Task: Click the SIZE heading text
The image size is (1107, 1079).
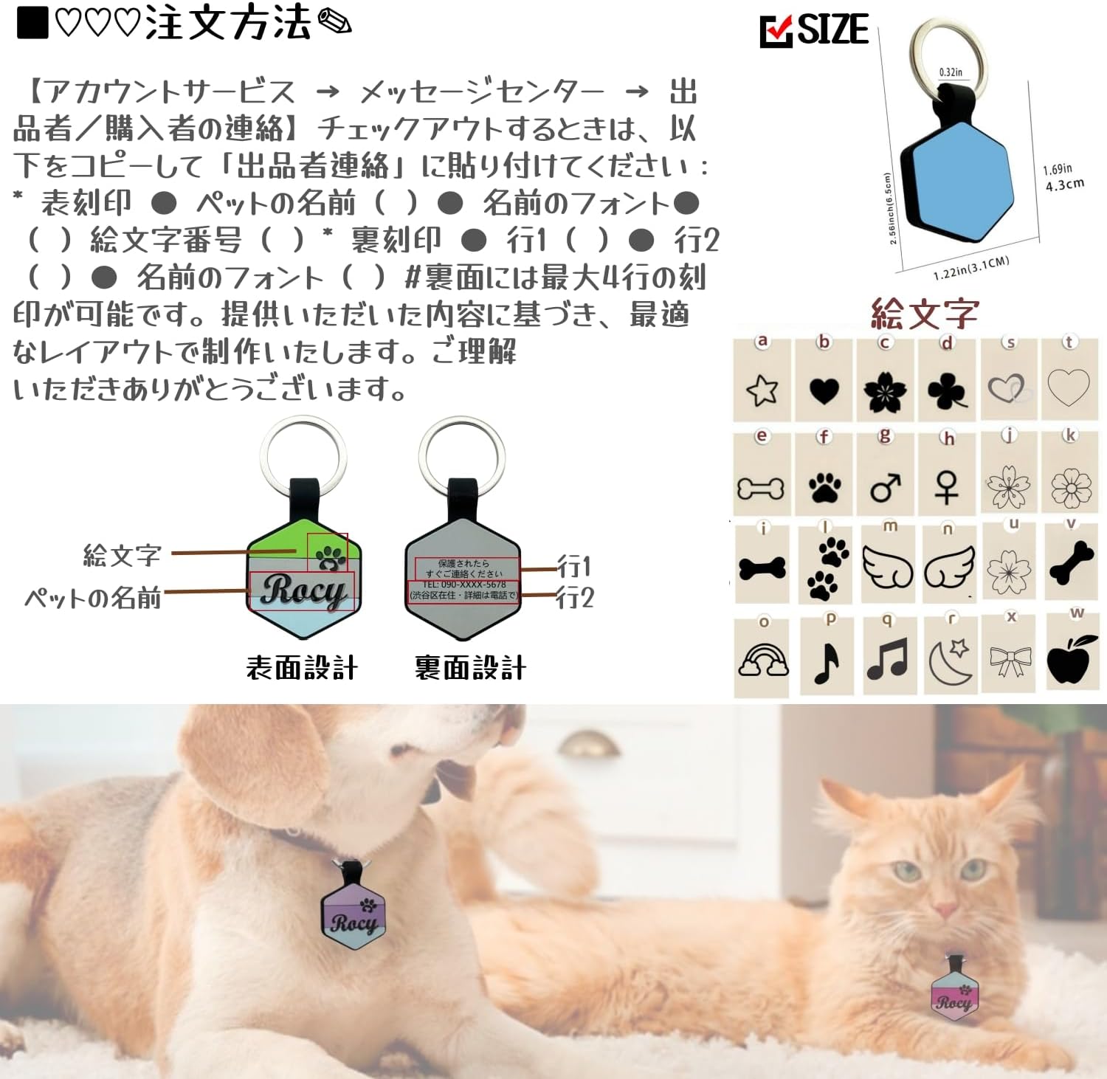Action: [x=832, y=30]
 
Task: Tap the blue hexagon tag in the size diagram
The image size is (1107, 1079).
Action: [x=960, y=180]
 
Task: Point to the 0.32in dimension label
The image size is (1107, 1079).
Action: [x=951, y=72]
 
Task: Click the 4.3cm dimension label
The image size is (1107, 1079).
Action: [x=1064, y=185]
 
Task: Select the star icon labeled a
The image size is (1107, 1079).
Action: [x=762, y=390]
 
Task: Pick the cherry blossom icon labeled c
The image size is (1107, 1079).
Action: [x=885, y=391]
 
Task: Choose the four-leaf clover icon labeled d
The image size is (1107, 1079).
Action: [x=948, y=391]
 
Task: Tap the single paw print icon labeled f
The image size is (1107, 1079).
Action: [x=824, y=488]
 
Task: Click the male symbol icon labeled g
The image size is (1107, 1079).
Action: [x=885, y=488]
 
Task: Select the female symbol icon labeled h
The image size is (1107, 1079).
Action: [x=947, y=488]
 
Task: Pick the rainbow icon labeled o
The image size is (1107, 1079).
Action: [x=763, y=659]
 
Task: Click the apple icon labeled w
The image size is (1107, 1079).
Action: [x=1069, y=658]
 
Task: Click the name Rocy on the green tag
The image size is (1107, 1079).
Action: [x=303, y=590]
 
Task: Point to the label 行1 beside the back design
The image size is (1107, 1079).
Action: [x=574, y=567]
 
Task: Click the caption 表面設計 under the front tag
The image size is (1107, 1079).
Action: [x=302, y=668]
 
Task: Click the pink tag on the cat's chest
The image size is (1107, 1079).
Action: [x=954, y=994]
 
